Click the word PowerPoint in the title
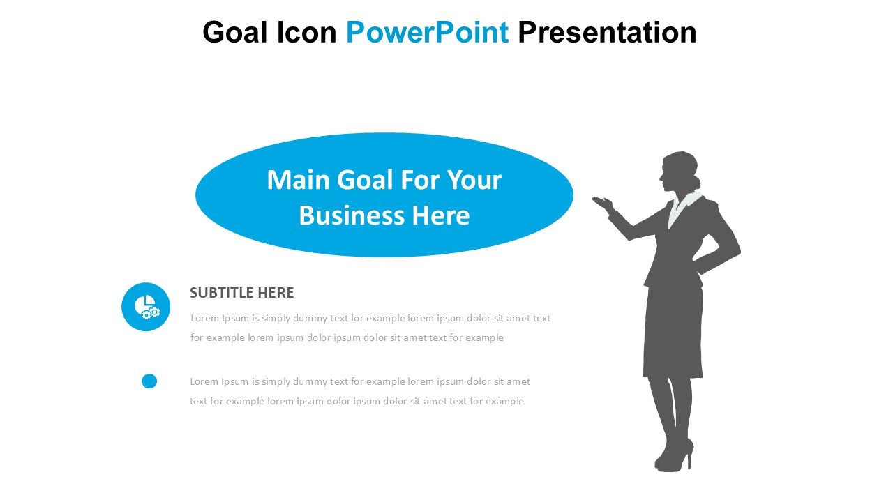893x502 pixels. click(427, 32)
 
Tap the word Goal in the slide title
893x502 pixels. click(235, 32)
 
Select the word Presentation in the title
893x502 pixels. click(607, 32)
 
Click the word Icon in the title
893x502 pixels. click(306, 32)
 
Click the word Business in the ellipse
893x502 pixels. click(351, 215)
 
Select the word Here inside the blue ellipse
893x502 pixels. click(440, 215)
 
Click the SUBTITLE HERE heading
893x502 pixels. click(241, 292)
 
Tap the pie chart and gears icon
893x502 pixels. click(147, 307)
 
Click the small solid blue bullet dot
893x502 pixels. click(149, 381)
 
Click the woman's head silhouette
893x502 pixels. click(679, 172)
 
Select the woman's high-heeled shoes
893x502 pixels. click(675, 455)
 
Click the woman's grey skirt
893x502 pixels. click(673, 331)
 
